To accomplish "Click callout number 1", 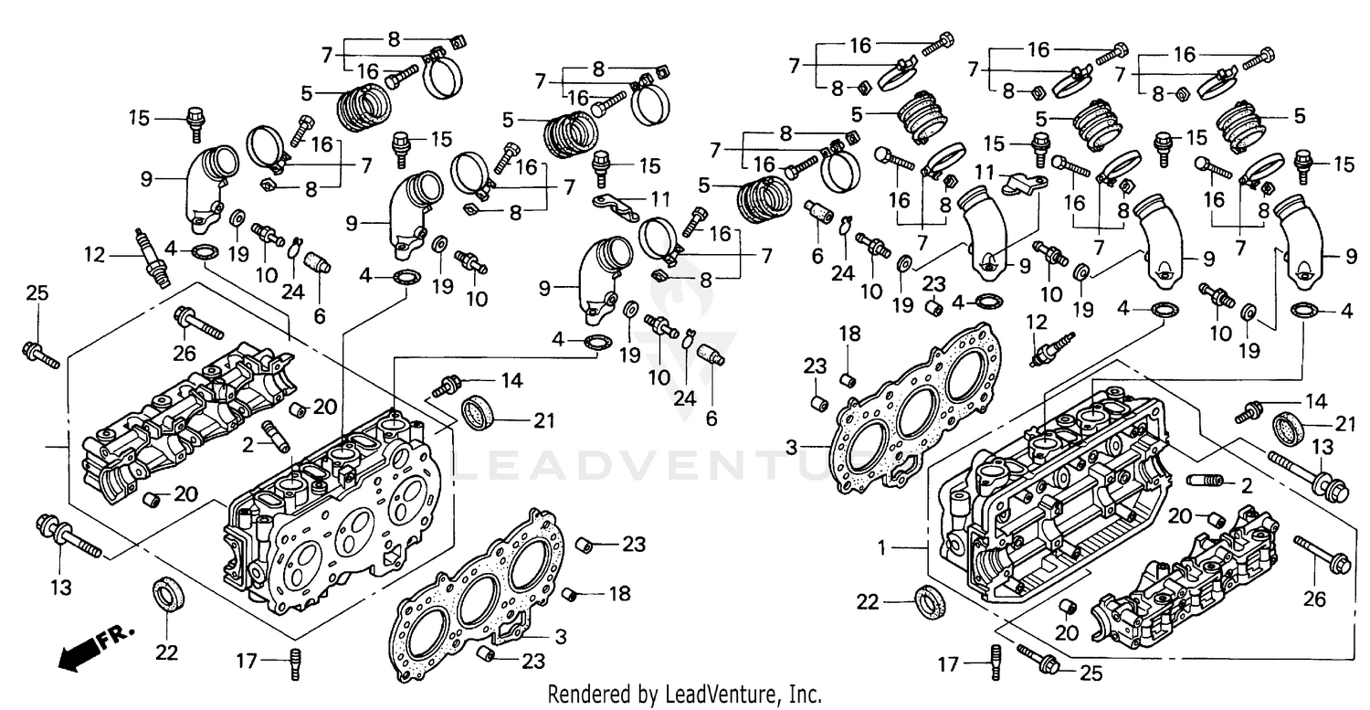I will pyautogui.click(x=881, y=548).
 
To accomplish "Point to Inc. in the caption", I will pyautogui.click(x=804, y=694).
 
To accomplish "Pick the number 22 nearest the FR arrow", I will pyautogui.click(x=165, y=652).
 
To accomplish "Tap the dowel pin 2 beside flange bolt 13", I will pyautogui.click(x=1204, y=481).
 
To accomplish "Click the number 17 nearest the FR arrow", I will pyautogui.click(x=246, y=660).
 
